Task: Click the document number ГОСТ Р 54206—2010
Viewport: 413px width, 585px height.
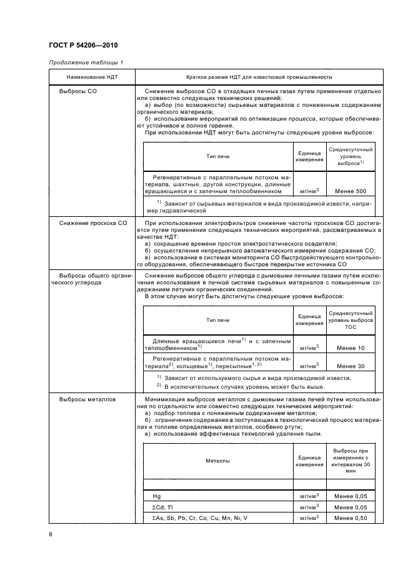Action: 83,46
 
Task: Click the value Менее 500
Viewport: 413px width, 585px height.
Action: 351,191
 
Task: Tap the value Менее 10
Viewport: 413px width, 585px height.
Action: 351,348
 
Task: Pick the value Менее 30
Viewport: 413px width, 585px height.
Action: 351,366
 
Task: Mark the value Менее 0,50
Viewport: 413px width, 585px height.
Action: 351,518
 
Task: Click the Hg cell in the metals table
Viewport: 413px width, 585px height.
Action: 157,496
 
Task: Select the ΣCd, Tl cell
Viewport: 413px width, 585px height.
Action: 162,507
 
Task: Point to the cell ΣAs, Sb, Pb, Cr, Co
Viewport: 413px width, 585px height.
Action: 199,518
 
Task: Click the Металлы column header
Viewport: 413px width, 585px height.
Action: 218,461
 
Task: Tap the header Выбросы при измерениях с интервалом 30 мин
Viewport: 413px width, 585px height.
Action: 351,461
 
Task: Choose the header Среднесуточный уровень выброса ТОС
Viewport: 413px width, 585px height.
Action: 351,319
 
